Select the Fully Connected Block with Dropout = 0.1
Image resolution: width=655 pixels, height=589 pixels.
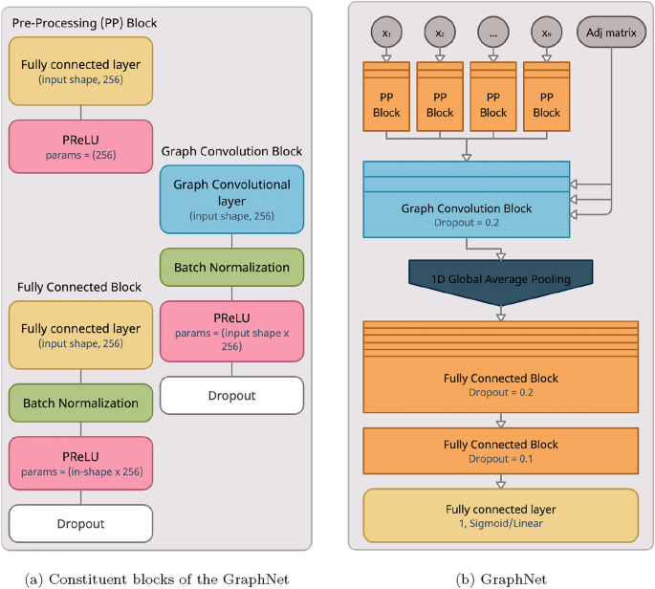click(500, 451)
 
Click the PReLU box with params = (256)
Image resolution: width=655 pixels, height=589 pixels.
click(81, 146)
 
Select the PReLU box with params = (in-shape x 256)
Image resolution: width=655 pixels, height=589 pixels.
click(81, 463)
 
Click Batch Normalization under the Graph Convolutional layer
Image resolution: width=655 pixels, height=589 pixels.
click(231, 267)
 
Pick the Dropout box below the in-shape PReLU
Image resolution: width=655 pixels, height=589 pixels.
click(81, 523)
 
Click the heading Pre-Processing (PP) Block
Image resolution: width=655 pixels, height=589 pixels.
click(84, 22)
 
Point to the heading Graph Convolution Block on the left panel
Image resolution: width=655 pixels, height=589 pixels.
click(231, 151)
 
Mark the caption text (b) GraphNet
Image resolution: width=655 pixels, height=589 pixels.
click(500, 578)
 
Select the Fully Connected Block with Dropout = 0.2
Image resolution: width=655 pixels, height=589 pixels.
click(500, 384)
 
